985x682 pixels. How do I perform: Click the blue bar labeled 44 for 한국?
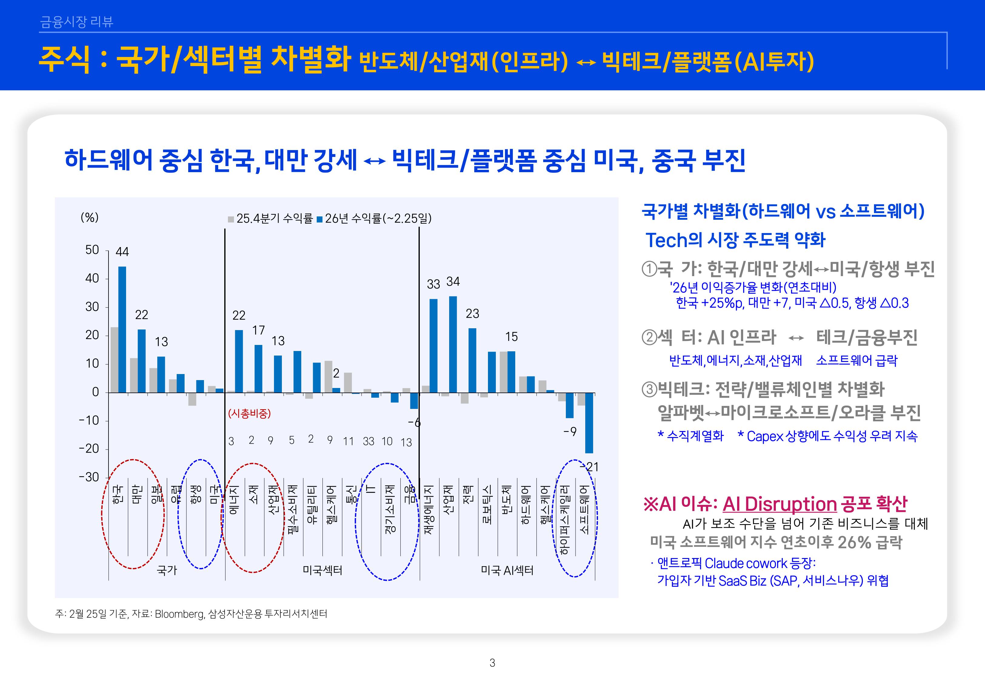tap(122, 329)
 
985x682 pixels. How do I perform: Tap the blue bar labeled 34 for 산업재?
tap(453, 344)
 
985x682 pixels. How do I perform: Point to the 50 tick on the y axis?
tap(92, 250)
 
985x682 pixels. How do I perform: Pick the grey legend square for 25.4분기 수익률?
tap(231, 219)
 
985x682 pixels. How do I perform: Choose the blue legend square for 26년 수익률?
tap(319, 219)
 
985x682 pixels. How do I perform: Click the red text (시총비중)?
tap(249, 414)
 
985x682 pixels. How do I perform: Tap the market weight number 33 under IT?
tap(368, 441)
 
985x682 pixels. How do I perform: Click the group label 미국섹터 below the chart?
tap(322, 570)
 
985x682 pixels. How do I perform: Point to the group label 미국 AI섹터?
tap(507, 570)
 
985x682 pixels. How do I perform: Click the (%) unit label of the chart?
tap(90, 218)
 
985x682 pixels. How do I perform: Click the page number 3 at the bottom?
tap(492, 663)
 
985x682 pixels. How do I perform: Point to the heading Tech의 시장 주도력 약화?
tap(735, 240)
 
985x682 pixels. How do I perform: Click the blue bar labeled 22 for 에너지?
tap(239, 361)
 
